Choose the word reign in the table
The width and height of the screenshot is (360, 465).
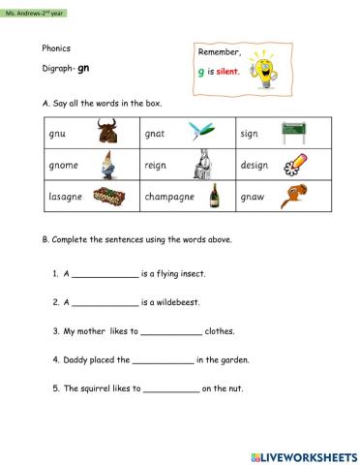coord(156,165)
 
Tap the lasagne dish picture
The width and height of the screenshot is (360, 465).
coord(112,197)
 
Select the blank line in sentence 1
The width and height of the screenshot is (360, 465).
coord(105,276)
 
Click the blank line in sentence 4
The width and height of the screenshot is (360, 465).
coord(163,361)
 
